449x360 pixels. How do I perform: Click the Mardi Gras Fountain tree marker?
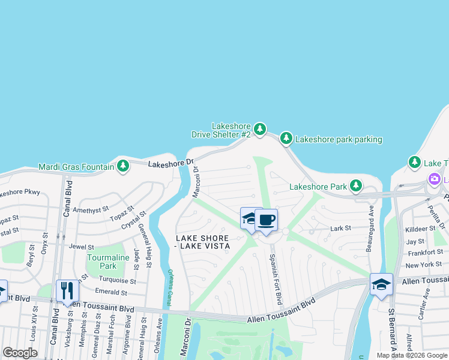point(122,165)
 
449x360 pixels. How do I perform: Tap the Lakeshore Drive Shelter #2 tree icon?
point(259,129)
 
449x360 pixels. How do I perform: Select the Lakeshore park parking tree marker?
point(286,139)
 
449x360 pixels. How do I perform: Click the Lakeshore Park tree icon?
point(356,187)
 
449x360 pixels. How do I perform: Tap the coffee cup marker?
point(266,220)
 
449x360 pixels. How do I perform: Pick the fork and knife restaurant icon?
point(67,291)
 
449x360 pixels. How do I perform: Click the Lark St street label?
point(340,228)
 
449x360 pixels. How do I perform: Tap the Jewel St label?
point(82,247)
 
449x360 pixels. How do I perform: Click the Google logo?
point(20,353)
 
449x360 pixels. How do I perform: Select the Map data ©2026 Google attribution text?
point(411,355)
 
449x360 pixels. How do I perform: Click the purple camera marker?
point(434,179)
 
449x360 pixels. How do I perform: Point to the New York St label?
point(423,264)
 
